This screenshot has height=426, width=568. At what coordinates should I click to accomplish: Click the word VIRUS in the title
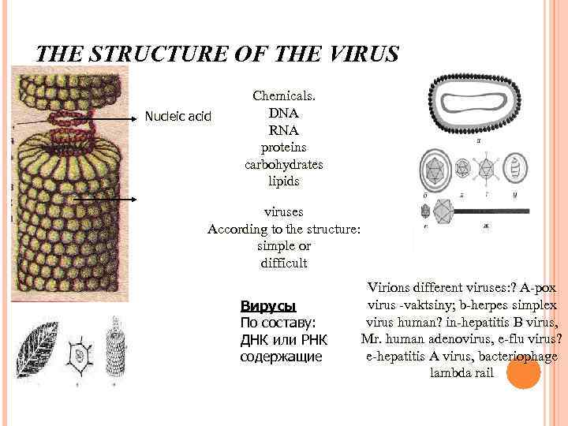[x=363, y=54]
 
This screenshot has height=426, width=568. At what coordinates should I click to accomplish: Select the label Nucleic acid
[x=178, y=117]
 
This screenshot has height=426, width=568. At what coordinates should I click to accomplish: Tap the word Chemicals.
[x=284, y=95]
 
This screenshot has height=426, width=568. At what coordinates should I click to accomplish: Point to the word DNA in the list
[x=283, y=113]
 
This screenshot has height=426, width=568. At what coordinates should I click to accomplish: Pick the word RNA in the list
[x=283, y=130]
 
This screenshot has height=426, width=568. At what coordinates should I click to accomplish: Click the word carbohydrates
[x=284, y=165]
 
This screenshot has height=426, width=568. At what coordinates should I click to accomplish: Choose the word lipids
[x=284, y=182]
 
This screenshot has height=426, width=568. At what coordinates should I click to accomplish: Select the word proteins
[x=284, y=148]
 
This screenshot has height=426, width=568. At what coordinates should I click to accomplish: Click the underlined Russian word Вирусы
[x=267, y=305]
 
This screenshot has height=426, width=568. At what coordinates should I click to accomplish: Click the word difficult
[x=284, y=263]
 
